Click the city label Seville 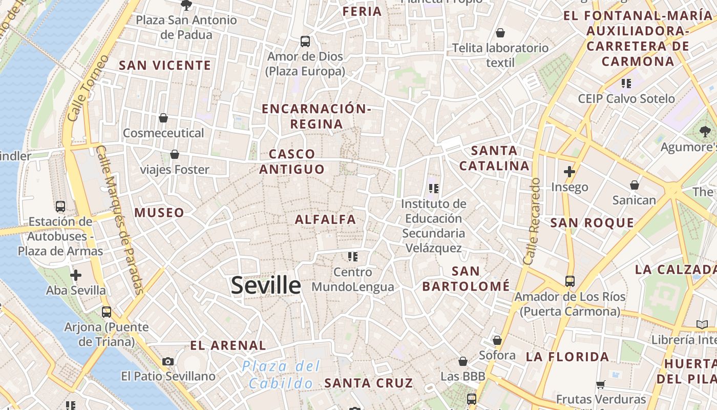tap(265, 285)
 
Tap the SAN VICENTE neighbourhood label tap(165, 65)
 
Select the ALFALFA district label tap(325, 219)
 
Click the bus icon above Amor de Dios tap(305, 41)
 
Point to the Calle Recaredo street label tap(533, 221)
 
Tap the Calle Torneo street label tap(88, 88)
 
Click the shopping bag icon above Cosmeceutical tap(163, 118)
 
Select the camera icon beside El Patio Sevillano tap(168, 361)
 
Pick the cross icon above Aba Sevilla tap(76, 275)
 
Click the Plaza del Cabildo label tap(281, 375)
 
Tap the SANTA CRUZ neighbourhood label tap(368, 383)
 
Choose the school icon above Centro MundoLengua tap(352, 256)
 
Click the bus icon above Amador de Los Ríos tap(570, 281)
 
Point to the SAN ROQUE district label tap(592, 222)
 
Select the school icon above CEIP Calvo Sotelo tap(626, 83)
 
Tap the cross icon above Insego tap(569, 171)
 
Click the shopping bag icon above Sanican tap(635, 184)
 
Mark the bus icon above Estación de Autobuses tap(60, 206)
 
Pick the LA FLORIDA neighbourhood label tap(567, 357)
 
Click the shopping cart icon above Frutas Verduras tap(601, 384)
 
